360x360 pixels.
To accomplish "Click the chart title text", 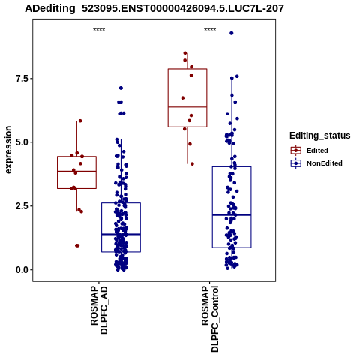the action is click(x=154, y=8).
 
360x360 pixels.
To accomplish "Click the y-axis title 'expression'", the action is click(x=8, y=150).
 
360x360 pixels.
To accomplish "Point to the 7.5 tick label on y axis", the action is click(x=21, y=79).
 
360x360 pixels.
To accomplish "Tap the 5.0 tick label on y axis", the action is click(x=21, y=142).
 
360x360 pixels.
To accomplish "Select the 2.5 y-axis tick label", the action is click(x=21, y=206).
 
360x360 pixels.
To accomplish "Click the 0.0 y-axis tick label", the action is click(x=21, y=270).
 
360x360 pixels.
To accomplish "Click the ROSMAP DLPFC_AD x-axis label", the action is click(x=99, y=310).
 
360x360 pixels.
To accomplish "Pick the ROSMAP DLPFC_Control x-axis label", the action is click(x=210, y=319).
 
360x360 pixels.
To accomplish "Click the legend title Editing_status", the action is click(x=320, y=136).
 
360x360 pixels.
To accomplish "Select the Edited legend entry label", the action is click(x=317, y=151).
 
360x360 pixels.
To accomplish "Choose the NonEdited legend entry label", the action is click(x=325, y=163).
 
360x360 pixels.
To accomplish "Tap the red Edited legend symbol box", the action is click(x=296, y=151).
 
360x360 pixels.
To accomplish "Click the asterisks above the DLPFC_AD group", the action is click(x=99, y=29).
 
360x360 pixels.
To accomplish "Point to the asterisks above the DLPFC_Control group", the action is click(x=210, y=29).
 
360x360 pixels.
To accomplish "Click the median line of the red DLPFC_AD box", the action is click(x=76, y=172).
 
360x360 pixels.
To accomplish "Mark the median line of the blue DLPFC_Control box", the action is click(x=232, y=215).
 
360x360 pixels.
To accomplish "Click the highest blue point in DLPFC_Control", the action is click(x=232, y=33).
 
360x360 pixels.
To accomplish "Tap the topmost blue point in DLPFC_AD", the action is click(x=121, y=88).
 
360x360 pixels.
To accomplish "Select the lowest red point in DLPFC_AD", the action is click(x=77, y=245).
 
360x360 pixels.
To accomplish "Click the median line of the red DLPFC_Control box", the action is click(x=187, y=106).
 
